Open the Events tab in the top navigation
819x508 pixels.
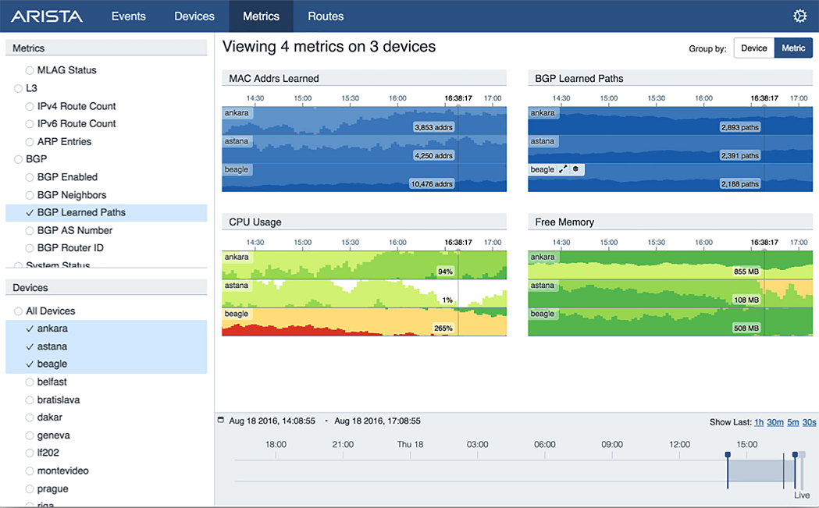(128, 16)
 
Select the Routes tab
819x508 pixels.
(326, 16)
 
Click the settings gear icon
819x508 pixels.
(799, 16)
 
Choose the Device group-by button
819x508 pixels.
(753, 48)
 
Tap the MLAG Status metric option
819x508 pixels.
(66, 70)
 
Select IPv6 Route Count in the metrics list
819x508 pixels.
(76, 123)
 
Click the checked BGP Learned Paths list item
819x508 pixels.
(80, 212)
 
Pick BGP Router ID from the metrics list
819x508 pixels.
(70, 248)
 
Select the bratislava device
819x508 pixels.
(58, 400)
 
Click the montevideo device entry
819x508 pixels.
(62, 471)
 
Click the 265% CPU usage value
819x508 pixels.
(443, 329)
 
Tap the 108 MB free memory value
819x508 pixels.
(746, 300)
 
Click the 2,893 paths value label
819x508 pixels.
(739, 127)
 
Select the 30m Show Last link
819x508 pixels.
(774, 422)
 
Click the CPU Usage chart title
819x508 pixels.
(255, 222)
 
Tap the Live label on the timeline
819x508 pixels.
(802, 496)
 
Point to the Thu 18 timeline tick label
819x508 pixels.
(410, 445)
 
